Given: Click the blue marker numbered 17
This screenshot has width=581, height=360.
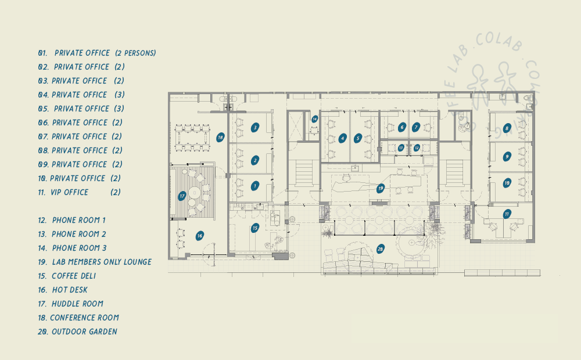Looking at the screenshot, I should [x=182, y=196].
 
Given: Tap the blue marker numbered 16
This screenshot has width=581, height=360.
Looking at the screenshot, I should [x=199, y=236].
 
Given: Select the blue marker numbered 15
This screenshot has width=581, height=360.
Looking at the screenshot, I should [x=254, y=228].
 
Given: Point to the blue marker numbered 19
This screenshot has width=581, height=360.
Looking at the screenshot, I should [x=381, y=188].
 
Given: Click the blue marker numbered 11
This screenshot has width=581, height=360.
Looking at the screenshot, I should [x=507, y=214].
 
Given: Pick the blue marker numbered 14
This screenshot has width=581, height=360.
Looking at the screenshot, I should [x=314, y=119].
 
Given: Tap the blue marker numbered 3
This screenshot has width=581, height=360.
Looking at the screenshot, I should [x=254, y=127].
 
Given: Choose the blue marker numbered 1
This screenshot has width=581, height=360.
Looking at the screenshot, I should [x=254, y=186].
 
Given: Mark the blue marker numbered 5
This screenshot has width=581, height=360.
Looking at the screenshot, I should [x=358, y=138].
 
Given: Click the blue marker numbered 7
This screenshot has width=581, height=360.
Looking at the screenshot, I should [x=416, y=127].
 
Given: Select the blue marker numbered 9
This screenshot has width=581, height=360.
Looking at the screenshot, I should [x=507, y=156].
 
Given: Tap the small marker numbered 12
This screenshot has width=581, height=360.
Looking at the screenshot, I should [x=417, y=148].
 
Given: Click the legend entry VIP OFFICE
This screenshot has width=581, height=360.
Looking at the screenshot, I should [x=70, y=192].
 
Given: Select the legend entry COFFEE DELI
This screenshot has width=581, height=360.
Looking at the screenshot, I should [x=74, y=276].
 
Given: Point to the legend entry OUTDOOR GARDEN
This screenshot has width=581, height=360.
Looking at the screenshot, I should [x=84, y=332].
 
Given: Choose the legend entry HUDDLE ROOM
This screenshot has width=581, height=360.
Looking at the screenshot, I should [x=77, y=304].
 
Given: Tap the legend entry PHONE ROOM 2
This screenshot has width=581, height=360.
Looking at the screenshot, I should [x=79, y=234].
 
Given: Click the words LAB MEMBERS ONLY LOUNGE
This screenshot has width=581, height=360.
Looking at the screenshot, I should [x=102, y=262].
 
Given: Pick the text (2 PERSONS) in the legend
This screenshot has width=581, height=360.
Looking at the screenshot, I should [x=135, y=53].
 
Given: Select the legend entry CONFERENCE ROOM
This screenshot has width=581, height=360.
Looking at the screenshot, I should [x=84, y=318].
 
